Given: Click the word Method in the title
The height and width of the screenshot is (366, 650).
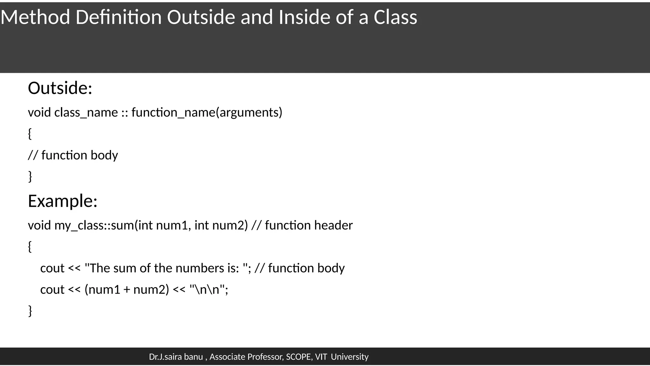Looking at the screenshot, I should (35, 17).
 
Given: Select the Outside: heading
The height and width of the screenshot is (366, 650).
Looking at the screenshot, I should (60, 88).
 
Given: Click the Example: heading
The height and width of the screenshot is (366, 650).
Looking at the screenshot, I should (63, 201).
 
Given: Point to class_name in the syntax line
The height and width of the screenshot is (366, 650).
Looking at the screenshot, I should (86, 112).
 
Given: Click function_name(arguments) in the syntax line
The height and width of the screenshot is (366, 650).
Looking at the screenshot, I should (207, 112).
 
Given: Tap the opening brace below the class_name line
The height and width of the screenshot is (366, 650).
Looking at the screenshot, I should (30, 133).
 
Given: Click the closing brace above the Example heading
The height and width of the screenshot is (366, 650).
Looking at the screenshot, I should (30, 176).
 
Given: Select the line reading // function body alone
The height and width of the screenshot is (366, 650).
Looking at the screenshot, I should (73, 155).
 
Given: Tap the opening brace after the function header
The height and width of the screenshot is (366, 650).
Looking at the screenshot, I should (30, 247).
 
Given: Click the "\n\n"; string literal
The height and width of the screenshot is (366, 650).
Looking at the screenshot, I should (209, 289).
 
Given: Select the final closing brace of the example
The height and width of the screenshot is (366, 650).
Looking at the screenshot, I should (30, 311).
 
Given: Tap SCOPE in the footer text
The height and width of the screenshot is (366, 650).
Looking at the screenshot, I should (299, 357).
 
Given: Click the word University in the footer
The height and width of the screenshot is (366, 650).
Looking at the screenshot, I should (349, 357).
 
